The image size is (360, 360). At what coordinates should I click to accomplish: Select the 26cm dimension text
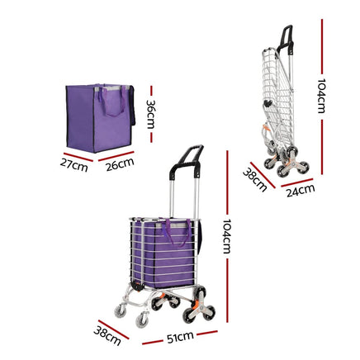pos(121,164)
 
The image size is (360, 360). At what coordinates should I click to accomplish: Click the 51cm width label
pos(180,338)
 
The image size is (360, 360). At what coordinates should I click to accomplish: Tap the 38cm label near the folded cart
pos(255,179)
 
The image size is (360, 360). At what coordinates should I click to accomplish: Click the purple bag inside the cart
pos(164,246)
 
